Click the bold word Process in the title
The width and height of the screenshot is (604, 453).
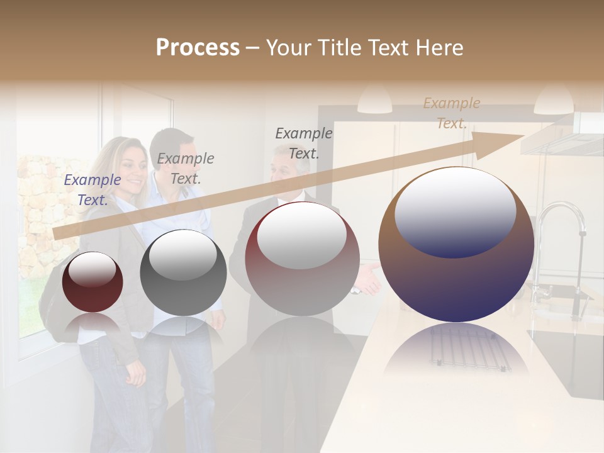pyautogui.click(x=198, y=48)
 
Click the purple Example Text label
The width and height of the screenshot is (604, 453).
pyautogui.click(x=92, y=189)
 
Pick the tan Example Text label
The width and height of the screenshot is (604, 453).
pyautogui.click(x=451, y=113)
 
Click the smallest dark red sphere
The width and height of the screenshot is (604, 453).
pyautogui.click(x=92, y=282)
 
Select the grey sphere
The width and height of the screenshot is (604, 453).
pyautogui.click(x=183, y=272)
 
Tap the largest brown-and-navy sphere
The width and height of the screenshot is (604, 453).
pyautogui.click(x=456, y=245)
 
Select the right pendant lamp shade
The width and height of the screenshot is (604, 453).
pyautogui.click(x=554, y=101)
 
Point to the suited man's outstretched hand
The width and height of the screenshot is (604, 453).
pyautogui.click(x=369, y=280)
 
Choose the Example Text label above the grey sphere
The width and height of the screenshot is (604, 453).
pyautogui.click(x=186, y=169)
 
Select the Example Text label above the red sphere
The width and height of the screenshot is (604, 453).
pyautogui.click(x=304, y=143)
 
